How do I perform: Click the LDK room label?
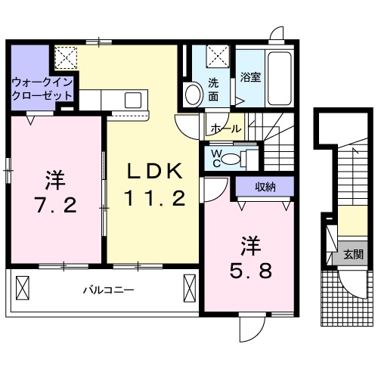point(153,172)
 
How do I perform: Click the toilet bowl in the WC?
point(242,158)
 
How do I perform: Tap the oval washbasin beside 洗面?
point(193,95)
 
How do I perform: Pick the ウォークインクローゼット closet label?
point(42,89)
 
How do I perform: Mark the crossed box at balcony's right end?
point(189,288)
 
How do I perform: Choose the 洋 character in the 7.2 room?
point(54,179)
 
